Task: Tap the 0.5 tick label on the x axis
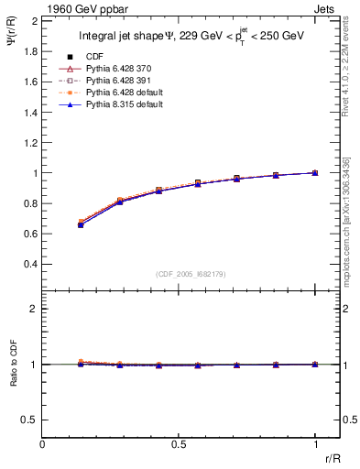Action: coord(179,444)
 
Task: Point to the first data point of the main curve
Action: coord(82,224)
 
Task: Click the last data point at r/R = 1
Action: coord(315,172)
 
